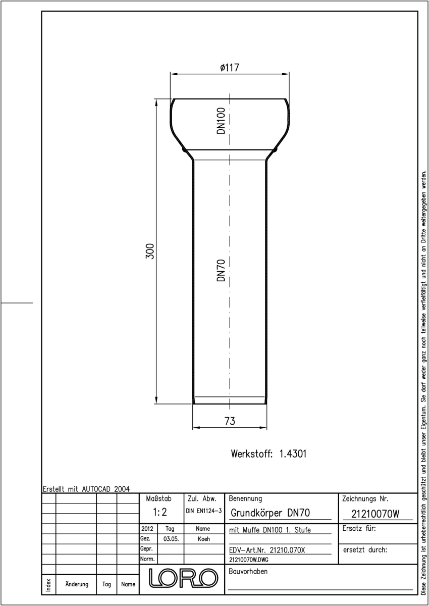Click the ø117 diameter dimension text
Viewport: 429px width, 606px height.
tap(230, 67)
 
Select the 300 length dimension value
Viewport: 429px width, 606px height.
tap(150, 251)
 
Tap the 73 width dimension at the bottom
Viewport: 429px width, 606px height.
tap(230, 421)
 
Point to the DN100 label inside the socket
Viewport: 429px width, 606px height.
tap(221, 121)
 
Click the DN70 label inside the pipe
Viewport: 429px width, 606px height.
tap(221, 270)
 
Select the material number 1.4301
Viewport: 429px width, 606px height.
tap(293, 453)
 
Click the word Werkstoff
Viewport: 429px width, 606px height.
tap(252, 453)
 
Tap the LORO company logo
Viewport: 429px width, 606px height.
tap(183, 578)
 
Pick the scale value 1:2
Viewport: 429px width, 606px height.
tap(160, 512)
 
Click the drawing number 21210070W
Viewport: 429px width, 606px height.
tap(375, 514)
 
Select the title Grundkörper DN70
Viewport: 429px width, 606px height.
tap(271, 513)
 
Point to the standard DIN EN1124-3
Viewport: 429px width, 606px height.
tap(204, 511)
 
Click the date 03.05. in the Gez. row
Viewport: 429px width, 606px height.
tap(171, 539)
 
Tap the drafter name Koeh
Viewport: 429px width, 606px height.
tap(204, 539)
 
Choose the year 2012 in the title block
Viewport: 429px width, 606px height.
tap(147, 529)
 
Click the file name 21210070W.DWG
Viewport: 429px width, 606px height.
tap(249, 560)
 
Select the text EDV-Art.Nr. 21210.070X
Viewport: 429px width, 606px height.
tap(267, 550)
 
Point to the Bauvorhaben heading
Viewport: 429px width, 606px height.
tap(248, 571)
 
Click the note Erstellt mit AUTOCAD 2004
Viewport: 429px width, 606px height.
tap(86, 489)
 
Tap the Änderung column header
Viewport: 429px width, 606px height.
tap(77, 584)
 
